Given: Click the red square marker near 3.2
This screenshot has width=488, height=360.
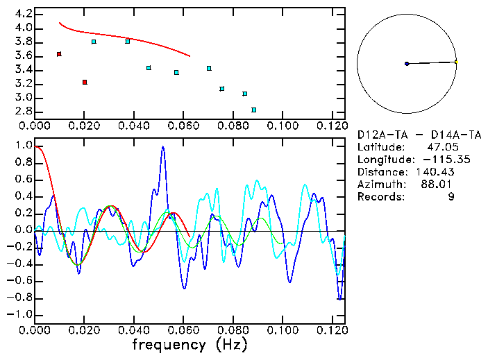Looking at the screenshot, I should click(85, 82).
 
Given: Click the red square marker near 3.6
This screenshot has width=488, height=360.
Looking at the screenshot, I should click(59, 54).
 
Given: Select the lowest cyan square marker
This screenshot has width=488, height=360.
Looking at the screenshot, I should click(254, 110).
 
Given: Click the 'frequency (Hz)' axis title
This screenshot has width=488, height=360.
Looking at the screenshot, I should click(190, 345).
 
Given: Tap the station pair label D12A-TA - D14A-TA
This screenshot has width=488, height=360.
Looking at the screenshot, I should click(419, 134).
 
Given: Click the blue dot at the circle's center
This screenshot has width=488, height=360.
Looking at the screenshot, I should click(407, 64).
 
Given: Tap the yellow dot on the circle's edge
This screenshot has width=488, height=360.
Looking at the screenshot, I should click(456, 62).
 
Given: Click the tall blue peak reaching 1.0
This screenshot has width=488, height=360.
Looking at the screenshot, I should click(163, 148).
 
